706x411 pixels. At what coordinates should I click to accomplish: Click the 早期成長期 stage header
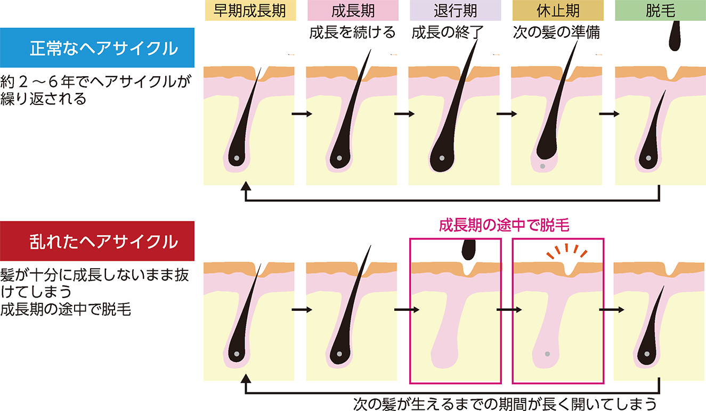[x=250, y=11]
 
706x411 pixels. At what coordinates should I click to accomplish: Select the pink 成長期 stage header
[x=353, y=11]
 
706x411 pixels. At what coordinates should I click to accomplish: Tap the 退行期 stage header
[x=455, y=11]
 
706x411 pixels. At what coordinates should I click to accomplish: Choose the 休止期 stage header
[x=557, y=11]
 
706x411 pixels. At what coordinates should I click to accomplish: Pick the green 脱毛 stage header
[x=660, y=11]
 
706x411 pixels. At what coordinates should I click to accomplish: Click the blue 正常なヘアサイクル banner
[x=98, y=48]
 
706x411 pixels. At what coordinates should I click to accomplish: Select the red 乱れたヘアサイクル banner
[x=98, y=241]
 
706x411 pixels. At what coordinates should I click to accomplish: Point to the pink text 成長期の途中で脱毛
[x=504, y=226]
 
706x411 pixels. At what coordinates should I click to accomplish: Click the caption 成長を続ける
[x=353, y=32]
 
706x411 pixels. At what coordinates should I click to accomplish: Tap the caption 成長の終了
[x=447, y=32]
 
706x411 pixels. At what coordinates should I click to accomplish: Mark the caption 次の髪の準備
[x=557, y=32]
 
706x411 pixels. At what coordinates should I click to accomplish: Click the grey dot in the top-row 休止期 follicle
[x=542, y=167]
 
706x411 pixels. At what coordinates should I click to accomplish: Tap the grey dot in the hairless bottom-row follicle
[x=547, y=354]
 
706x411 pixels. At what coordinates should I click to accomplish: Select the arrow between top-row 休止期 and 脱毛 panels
[x=608, y=114]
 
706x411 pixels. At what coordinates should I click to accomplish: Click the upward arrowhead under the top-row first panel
[x=245, y=186]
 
